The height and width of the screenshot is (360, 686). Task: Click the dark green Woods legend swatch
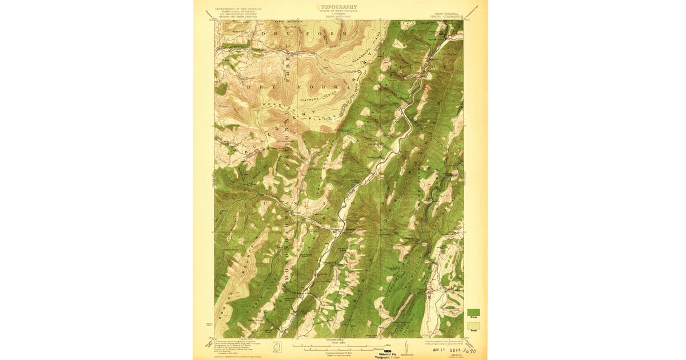(474, 312)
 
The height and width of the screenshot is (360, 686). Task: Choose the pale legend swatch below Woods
(474, 326)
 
